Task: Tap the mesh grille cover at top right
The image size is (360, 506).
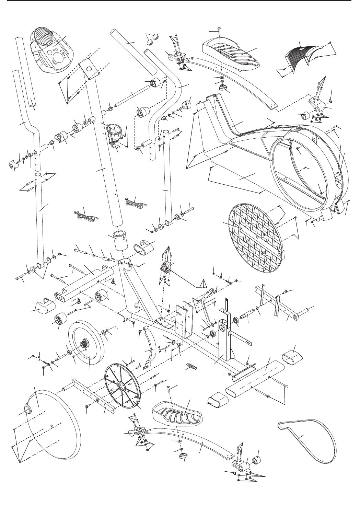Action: click(x=302, y=55)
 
